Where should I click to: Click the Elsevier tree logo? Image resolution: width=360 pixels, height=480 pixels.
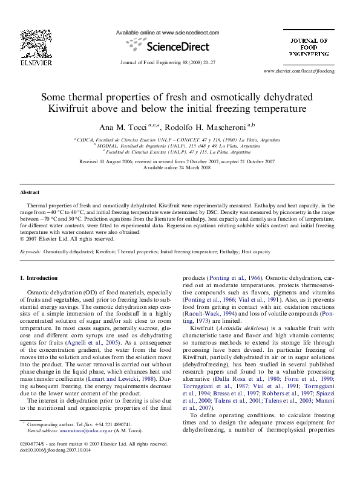point(31,44)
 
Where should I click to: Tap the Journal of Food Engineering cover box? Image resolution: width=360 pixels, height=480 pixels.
point(308,47)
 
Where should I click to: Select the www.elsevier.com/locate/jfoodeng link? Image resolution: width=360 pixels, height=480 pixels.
point(307,71)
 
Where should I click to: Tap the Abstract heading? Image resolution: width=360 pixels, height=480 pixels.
point(30,192)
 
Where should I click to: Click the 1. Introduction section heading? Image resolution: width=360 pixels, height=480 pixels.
point(39,278)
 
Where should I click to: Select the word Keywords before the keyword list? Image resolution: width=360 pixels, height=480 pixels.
point(31,251)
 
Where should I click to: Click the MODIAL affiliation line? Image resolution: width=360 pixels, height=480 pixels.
point(177,146)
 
